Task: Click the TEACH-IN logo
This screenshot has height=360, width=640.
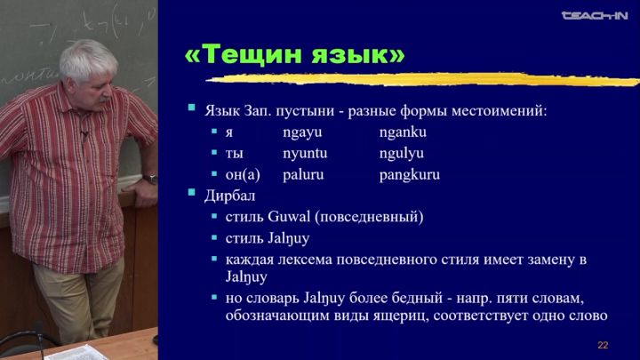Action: point(595,15)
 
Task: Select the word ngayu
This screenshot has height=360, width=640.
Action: point(302,132)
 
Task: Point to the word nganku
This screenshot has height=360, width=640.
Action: point(403,132)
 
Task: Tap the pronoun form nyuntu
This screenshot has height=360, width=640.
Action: point(305,154)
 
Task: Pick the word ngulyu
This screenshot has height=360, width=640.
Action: point(401,154)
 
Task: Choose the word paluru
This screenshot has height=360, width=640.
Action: point(303,175)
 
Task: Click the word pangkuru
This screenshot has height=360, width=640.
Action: point(410,175)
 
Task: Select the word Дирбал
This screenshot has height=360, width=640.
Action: point(230,196)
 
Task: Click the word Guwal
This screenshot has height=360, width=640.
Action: point(289,216)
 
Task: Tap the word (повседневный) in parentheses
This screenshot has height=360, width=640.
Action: point(369,217)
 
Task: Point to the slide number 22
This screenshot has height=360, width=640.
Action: point(603,345)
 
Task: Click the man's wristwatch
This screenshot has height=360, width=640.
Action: point(150,179)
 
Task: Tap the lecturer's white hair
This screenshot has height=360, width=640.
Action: point(87,59)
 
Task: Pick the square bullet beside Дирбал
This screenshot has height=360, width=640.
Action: point(191,193)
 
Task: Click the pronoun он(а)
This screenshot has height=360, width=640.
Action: point(243,175)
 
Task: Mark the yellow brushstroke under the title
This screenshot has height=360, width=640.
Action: point(422,80)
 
